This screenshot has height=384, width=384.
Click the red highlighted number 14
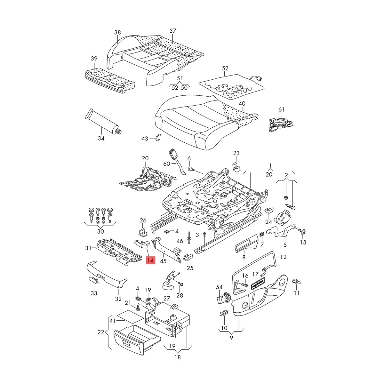pos(150,261)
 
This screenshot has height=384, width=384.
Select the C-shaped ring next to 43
pos(158,138)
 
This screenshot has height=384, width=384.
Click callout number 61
pos(281,110)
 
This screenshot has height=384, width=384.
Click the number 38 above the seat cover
pos(117,32)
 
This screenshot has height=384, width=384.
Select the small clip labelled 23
pos(236,166)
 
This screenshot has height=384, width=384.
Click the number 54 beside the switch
pos(219,287)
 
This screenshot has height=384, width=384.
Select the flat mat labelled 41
pos(129,317)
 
